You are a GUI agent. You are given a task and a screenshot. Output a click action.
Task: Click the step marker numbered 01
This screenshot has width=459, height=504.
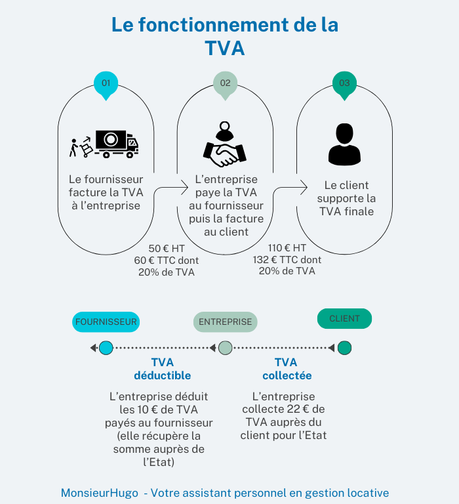point(106,85)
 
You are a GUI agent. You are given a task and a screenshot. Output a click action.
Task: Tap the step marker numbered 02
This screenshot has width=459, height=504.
point(225,85)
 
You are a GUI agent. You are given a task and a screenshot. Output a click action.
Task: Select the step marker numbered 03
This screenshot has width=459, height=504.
point(344,85)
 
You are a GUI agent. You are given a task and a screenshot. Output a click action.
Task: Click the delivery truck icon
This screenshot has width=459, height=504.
point(116,144)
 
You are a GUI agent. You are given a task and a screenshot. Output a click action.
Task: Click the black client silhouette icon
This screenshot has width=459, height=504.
point(344,144)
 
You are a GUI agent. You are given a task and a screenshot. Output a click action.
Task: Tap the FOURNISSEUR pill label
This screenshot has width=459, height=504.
point(106,322)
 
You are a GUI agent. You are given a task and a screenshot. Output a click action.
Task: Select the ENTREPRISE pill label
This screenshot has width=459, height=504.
point(225,322)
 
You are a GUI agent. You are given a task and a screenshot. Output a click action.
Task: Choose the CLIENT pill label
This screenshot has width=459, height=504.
point(344,318)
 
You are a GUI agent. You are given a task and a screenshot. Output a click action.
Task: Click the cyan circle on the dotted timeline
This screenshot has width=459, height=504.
point(106,348)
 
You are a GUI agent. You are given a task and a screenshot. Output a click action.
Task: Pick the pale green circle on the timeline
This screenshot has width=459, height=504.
point(225,348)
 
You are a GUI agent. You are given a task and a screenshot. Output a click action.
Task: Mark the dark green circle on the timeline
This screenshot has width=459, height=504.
point(344,348)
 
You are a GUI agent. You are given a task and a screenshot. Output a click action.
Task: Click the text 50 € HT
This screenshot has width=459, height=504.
point(167,249)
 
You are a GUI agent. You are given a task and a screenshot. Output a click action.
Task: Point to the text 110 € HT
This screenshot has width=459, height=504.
point(287,248)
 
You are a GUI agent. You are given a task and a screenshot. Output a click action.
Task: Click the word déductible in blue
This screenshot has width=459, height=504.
point(163,375)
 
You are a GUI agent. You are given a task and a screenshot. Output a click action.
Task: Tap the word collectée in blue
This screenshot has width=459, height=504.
point(287,375)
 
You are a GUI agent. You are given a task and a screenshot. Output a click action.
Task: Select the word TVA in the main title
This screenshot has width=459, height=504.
point(225,48)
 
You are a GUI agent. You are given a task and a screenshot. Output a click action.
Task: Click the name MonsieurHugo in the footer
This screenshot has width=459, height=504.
point(100,493)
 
